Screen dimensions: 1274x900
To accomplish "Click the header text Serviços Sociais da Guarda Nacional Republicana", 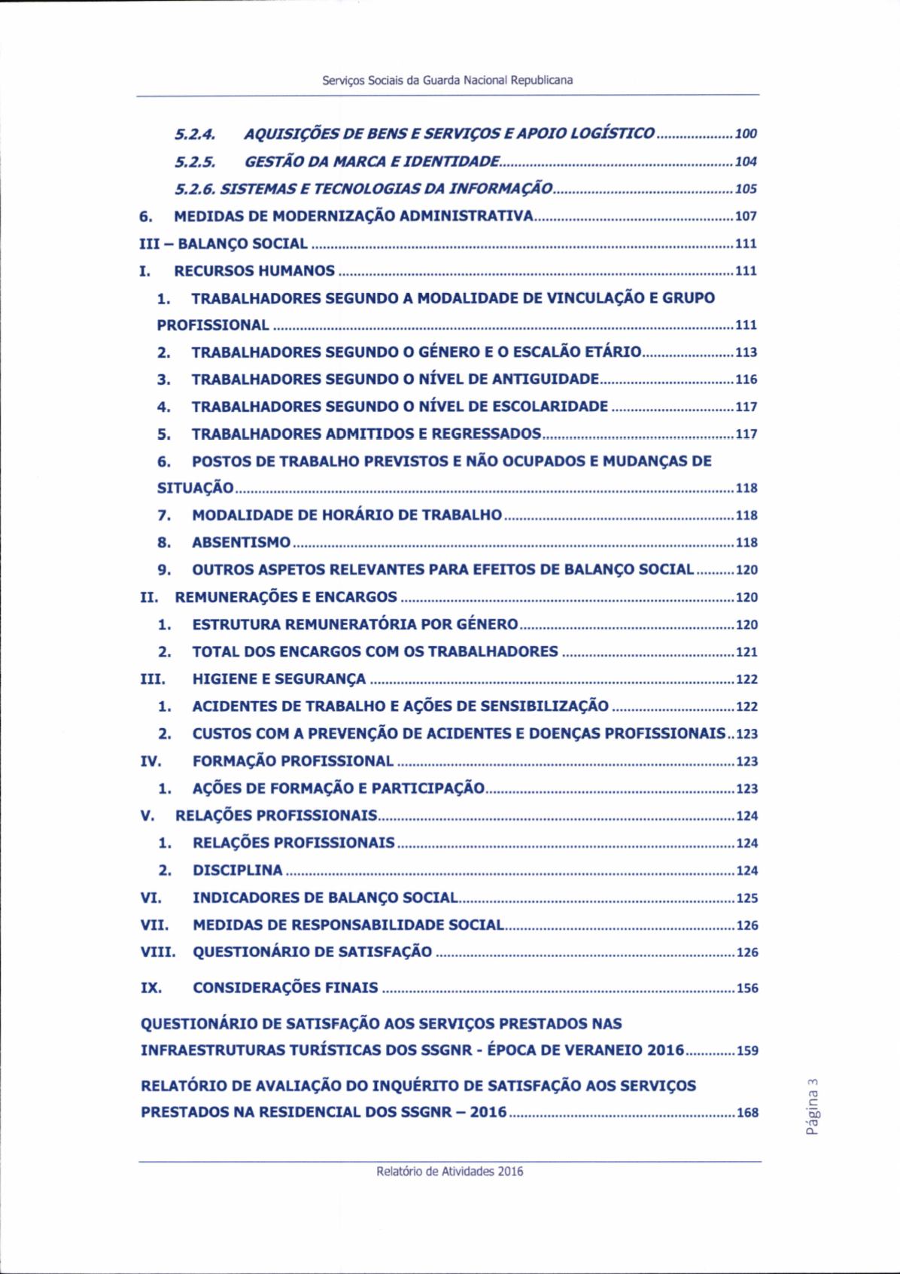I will click(x=447, y=81).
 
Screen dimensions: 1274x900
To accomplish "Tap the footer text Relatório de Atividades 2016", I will click(x=450, y=1171).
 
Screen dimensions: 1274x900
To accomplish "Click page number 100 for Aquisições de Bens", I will click(x=746, y=135).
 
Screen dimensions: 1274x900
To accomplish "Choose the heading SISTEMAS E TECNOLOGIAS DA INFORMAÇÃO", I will click(x=400, y=189).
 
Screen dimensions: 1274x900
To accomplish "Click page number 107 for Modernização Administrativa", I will click(x=746, y=217).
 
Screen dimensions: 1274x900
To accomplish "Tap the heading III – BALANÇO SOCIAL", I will click(x=224, y=244).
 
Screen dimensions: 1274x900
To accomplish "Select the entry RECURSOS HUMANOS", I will click(x=254, y=271).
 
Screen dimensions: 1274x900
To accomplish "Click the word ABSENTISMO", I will click(x=242, y=543).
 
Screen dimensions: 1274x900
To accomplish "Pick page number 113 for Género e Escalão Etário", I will click(x=746, y=352).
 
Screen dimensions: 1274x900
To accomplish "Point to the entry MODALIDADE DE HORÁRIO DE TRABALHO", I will click(x=347, y=516).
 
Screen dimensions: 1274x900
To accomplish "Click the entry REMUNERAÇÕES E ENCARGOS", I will click(x=286, y=598).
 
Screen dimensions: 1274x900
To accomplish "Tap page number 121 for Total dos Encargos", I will click(x=746, y=652).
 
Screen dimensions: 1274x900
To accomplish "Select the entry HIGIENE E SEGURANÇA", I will click(x=279, y=679).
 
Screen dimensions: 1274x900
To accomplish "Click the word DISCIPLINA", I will click(x=238, y=870).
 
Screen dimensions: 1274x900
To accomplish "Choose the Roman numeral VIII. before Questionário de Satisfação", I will click(x=158, y=952).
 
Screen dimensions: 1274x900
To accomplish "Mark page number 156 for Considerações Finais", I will click(x=747, y=989).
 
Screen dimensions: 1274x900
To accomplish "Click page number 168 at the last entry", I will click(x=747, y=1113).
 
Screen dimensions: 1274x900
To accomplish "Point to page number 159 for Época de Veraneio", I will click(x=747, y=1050).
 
